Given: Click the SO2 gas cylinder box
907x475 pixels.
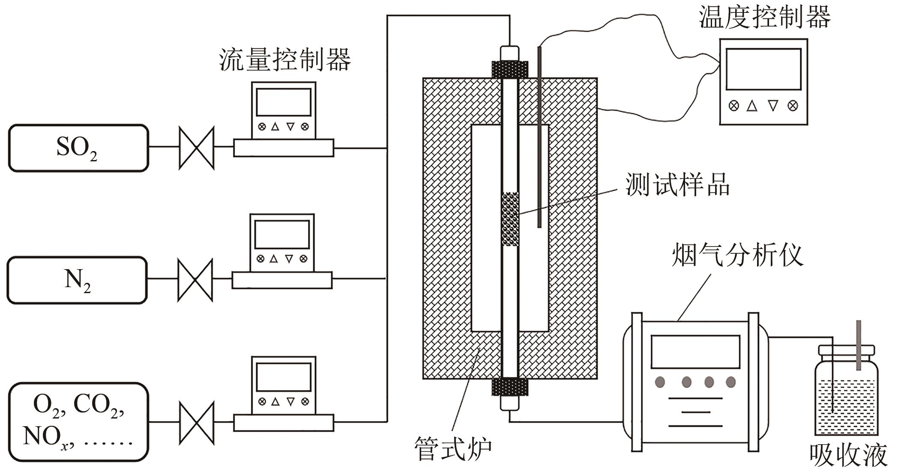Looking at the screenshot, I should [x=78, y=148].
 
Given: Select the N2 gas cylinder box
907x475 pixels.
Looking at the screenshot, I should [x=77, y=280].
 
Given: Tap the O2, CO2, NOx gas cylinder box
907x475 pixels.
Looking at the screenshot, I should [x=78, y=422].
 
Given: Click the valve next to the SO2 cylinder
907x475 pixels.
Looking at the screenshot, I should [x=196, y=148].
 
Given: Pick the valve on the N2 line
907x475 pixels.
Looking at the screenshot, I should [x=195, y=280].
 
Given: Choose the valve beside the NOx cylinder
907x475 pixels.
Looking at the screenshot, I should [x=196, y=423].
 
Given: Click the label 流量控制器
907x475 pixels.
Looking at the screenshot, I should [x=285, y=59].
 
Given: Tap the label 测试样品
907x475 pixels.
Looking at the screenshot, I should [x=677, y=185].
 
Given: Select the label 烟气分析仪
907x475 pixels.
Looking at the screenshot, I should [x=737, y=255].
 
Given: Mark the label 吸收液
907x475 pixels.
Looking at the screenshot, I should [x=848, y=455].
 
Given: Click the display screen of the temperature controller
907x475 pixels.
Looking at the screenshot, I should [x=763, y=69].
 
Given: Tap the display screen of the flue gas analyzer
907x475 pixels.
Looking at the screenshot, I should [x=695, y=352].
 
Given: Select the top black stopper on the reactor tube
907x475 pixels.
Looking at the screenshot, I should [x=510, y=69].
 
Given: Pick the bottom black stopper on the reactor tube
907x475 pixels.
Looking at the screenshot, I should [x=510, y=387].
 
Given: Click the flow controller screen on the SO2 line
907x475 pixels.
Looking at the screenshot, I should [x=284, y=102].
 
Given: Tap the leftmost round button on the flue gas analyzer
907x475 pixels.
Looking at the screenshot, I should [x=660, y=382].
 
